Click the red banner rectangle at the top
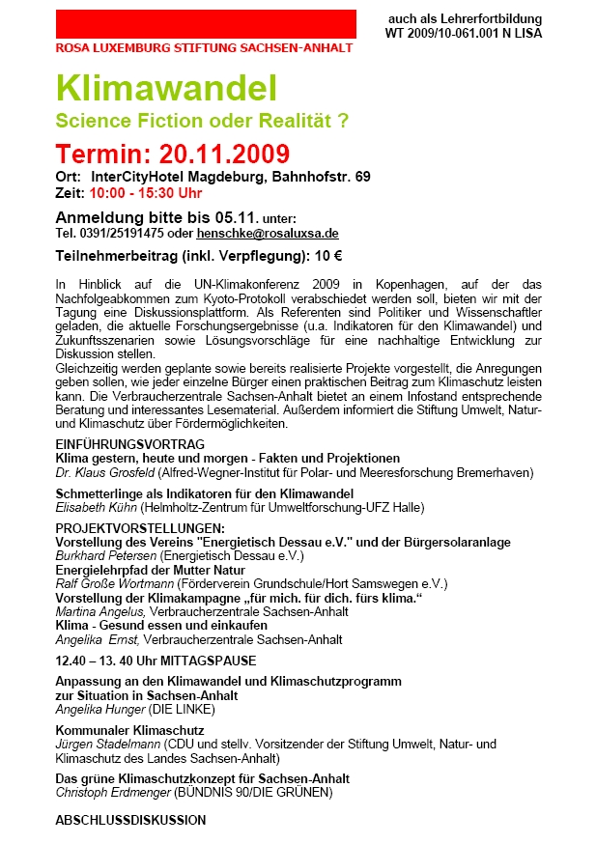[206, 23]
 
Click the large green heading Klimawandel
[166, 89]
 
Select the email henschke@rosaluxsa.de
[268, 234]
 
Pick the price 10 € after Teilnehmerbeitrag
[329, 257]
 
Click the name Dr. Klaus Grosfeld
[103, 472]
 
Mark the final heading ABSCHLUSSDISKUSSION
[130, 821]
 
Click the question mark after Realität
[342, 122]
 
